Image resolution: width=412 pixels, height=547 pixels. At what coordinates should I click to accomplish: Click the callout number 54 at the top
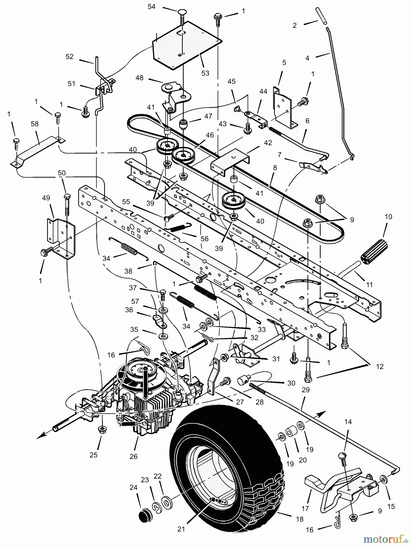point(151,6)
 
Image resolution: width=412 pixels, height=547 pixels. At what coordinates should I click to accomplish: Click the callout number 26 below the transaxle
point(134,456)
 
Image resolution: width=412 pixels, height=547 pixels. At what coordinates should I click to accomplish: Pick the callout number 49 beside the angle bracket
point(46,198)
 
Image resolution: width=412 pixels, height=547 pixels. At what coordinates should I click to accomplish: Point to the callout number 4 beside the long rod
point(307,58)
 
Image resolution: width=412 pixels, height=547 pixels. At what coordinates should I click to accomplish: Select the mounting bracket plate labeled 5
point(284,106)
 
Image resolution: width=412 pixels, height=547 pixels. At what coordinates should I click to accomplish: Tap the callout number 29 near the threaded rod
point(305,390)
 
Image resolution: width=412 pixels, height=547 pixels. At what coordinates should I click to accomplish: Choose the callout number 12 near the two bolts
point(380,366)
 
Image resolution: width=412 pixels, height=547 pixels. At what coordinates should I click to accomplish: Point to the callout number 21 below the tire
point(181,529)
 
